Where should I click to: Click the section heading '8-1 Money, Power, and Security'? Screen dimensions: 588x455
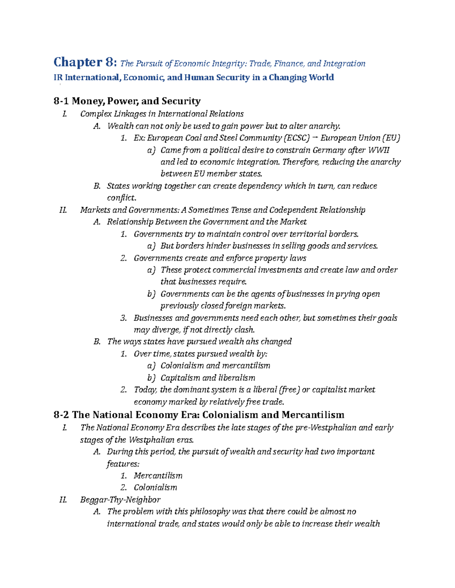click(x=127, y=101)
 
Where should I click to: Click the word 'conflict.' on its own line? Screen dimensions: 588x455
click(x=121, y=198)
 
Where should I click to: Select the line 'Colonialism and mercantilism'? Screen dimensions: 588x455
click(x=215, y=365)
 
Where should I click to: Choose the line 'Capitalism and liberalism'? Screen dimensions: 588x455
click(x=207, y=377)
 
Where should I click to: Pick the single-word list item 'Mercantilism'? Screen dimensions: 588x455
click(x=158, y=476)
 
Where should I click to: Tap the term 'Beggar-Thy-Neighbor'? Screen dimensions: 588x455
click(x=120, y=499)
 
